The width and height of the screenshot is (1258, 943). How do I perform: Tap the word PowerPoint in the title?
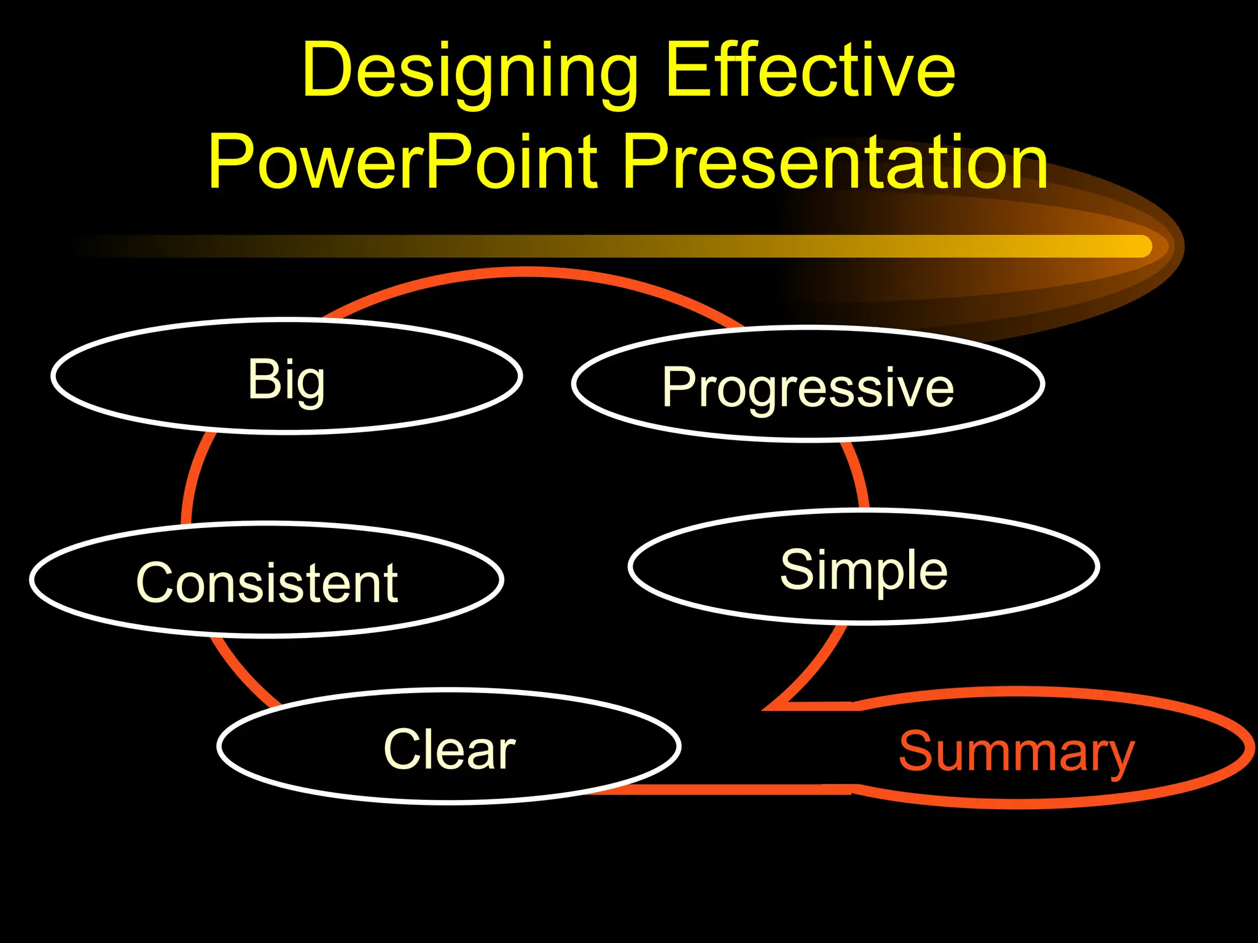tap(402, 163)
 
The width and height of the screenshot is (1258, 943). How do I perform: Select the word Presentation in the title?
tap(835, 163)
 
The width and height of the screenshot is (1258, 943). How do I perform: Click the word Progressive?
tap(807, 387)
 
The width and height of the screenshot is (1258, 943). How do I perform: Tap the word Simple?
tap(863, 570)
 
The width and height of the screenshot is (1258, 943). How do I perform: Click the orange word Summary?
tap(1016, 751)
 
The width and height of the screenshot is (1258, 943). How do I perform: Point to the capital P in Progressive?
tap(679, 386)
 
